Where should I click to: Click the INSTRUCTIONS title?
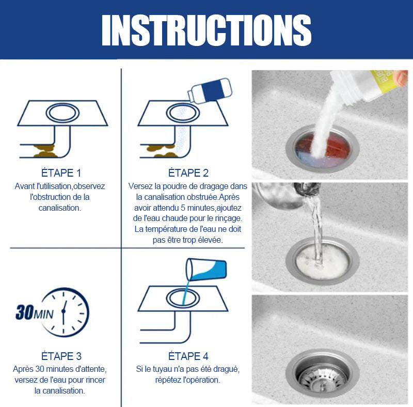click(x=206, y=30)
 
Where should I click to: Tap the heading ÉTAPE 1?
click(x=61, y=173)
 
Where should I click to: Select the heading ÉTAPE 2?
click(x=188, y=173)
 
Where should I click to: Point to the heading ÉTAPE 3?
click(x=61, y=356)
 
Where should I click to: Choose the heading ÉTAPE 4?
click(x=188, y=356)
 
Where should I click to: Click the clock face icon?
click(x=65, y=312)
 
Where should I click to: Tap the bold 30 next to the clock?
click(x=24, y=312)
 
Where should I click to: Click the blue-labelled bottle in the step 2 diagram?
click(x=210, y=90)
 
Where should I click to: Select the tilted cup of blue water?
click(x=206, y=270)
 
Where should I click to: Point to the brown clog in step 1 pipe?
click(x=44, y=151)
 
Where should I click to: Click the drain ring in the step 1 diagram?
click(x=62, y=113)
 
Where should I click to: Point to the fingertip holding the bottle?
click(x=401, y=79)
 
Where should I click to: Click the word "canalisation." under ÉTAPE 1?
click(x=60, y=208)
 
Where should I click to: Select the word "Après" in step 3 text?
click(x=23, y=369)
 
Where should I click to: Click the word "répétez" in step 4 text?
click(x=167, y=380)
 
